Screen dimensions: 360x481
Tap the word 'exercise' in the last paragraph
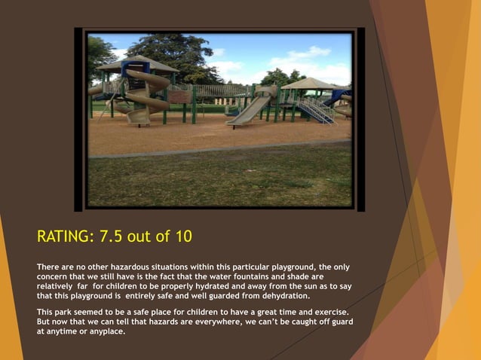(324, 313)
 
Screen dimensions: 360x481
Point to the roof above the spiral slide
(136, 63)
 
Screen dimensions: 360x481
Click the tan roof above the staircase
(310, 83)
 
